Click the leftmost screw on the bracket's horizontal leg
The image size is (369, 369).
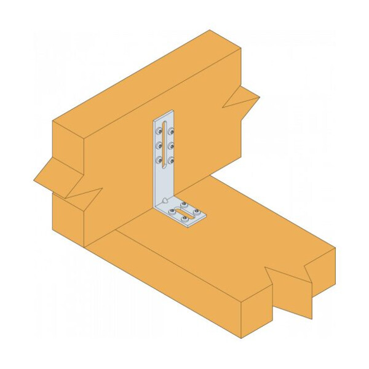click(x=173, y=211)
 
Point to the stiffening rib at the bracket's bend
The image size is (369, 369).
click(x=165, y=200)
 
